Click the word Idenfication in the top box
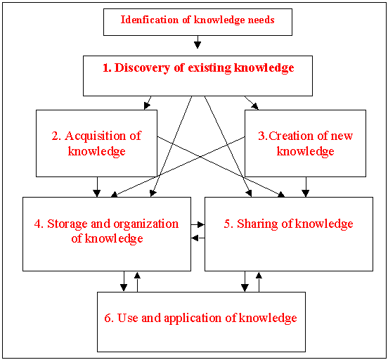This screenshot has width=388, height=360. click(150, 20)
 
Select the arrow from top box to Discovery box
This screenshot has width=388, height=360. click(198, 42)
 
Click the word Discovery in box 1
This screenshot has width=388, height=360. click(142, 67)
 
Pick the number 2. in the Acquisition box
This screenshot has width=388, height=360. click(56, 136)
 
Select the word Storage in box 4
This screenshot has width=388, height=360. click(67, 224)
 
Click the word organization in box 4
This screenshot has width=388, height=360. click(146, 224)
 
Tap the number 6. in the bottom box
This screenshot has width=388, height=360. click(109, 318)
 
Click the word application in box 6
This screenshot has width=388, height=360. click(193, 319)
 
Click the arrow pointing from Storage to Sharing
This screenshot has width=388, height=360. click(198, 224)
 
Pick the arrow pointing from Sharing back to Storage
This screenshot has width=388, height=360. click(198, 238)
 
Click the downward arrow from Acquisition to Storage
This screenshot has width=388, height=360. click(97, 187)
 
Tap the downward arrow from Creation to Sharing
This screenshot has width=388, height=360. click(306, 187)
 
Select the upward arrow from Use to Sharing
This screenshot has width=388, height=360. click(259, 282)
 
